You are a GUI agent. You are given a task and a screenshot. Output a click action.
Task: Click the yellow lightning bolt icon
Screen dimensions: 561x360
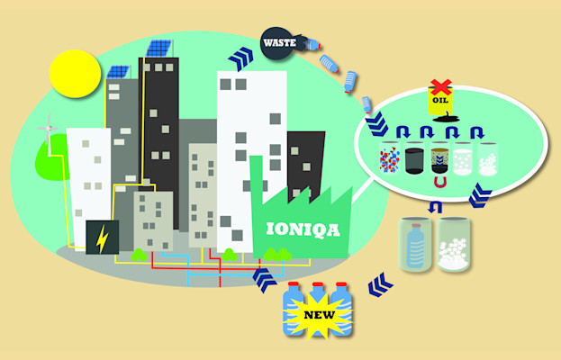coord(102,238)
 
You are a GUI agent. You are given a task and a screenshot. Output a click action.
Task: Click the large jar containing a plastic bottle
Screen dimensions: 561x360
coord(417,243)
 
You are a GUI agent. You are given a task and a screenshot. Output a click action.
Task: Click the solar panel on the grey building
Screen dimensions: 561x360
coord(118,71)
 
